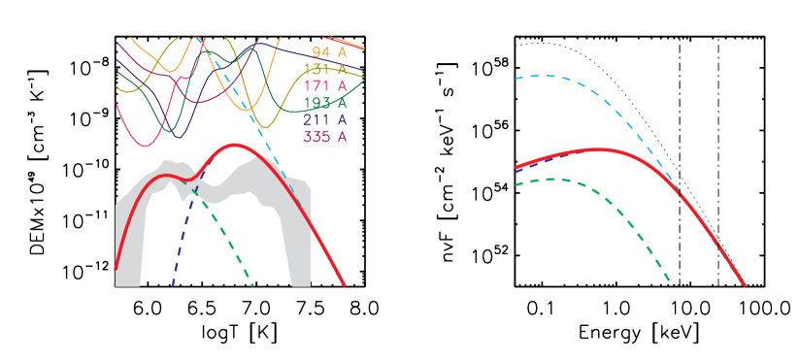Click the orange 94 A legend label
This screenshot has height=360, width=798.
(x=329, y=52)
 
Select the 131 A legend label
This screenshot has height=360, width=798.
(x=324, y=70)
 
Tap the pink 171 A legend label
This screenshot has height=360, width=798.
(x=324, y=86)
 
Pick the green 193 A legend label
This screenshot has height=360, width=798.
(x=324, y=104)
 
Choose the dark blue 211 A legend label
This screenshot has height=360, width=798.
(x=324, y=120)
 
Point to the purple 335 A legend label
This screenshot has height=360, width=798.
(x=324, y=137)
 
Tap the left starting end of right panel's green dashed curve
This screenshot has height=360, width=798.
(x=515, y=184)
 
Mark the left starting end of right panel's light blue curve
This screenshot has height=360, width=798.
(x=515, y=77)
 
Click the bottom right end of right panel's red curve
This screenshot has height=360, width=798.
(x=745, y=285)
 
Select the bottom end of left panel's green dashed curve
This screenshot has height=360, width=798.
(x=252, y=285)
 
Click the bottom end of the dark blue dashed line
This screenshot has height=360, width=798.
(x=172, y=285)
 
